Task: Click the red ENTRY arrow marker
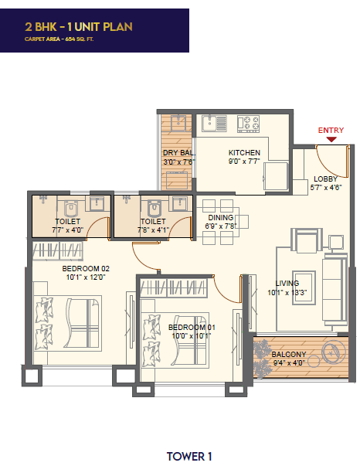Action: [x=331, y=139]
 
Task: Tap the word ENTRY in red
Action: [x=331, y=130]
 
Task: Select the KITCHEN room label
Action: [x=244, y=153]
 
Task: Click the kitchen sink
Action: [x=214, y=124]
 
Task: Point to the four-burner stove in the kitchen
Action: [x=248, y=124]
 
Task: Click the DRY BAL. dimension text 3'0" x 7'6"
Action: [x=178, y=162]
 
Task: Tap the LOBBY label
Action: [x=325, y=179]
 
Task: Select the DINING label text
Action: [x=221, y=218]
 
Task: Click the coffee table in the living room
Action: [x=304, y=287]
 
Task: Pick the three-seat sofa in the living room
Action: [x=335, y=289]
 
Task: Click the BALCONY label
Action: [x=289, y=354]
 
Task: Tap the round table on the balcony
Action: [x=334, y=352]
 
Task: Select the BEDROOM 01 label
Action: [x=192, y=327]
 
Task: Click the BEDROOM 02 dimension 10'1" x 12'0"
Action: [x=86, y=277]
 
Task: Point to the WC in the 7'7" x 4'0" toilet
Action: [x=71, y=208]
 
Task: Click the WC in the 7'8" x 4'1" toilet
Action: [x=155, y=208]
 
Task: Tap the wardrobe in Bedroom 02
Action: [x=57, y=250]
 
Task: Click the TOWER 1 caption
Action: [x=189, y=457]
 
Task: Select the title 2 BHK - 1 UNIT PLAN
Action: [x=79, y=27]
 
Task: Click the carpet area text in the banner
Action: [x=59, y=39]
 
